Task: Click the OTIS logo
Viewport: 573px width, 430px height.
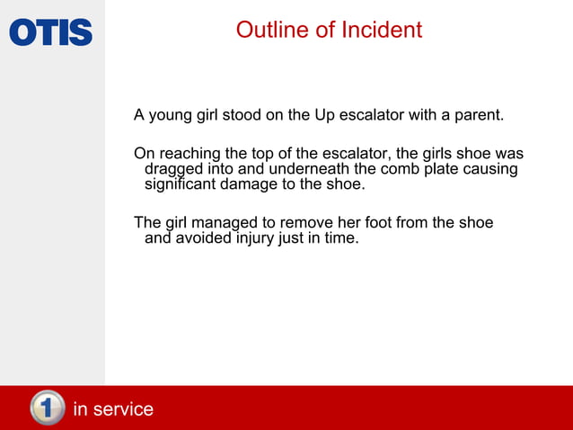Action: pos(51,32)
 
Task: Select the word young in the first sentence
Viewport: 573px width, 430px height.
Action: pos(171,116)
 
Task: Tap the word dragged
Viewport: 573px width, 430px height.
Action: pos(174,170)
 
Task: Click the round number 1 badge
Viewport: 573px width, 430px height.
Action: pos(48,408)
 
